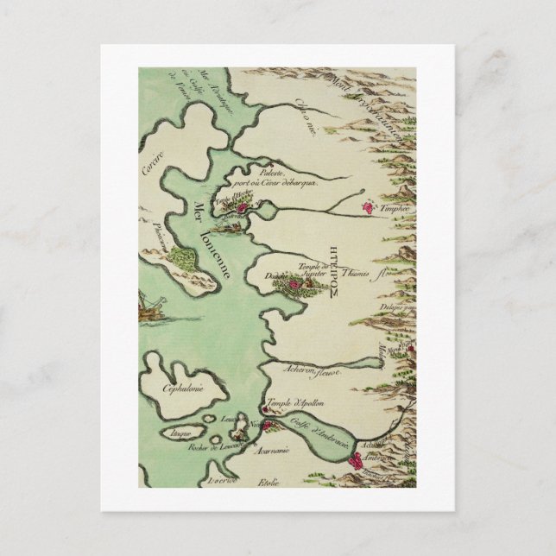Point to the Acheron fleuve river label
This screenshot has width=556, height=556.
313,370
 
